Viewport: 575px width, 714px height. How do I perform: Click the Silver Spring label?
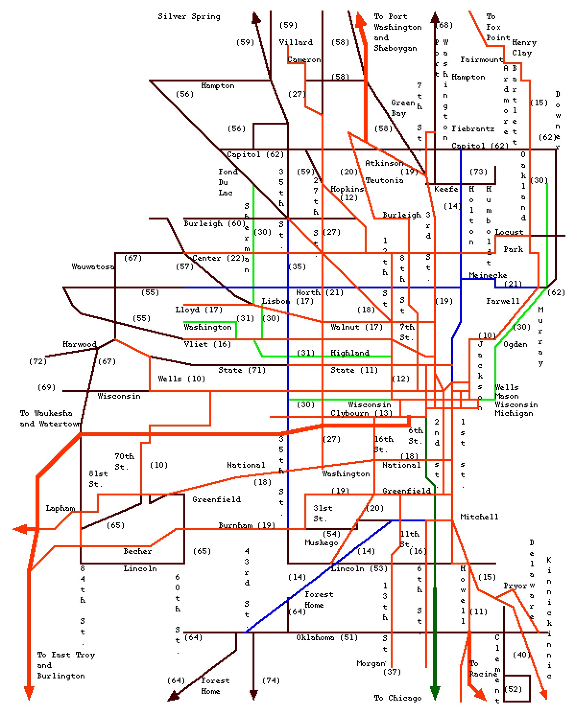click(189, 17)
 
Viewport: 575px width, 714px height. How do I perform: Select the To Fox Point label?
click(497, 27)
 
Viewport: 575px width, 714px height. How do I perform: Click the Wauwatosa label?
click(93, 266)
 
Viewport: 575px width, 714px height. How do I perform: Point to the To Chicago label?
click(398, 698)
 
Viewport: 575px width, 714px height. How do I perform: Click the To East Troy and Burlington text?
click(66, 665)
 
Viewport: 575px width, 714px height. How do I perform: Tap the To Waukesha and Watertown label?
click(50, 418)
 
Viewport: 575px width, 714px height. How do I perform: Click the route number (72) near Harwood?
click(38, 361)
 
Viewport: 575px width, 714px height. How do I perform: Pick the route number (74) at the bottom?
click(271, 681)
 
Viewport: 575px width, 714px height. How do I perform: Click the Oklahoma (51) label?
click(327, 638)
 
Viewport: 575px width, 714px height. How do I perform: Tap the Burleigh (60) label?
click(215, 223)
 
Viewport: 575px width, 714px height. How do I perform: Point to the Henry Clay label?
click(524, 47)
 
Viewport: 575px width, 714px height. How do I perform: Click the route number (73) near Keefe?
click(478, 172)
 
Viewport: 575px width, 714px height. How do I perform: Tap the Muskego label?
click(321, 542)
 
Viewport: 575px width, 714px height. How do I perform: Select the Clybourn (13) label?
click(361, 413)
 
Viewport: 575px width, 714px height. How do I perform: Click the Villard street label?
click(296, 42)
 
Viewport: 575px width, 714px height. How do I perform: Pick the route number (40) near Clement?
click(521, 654)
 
